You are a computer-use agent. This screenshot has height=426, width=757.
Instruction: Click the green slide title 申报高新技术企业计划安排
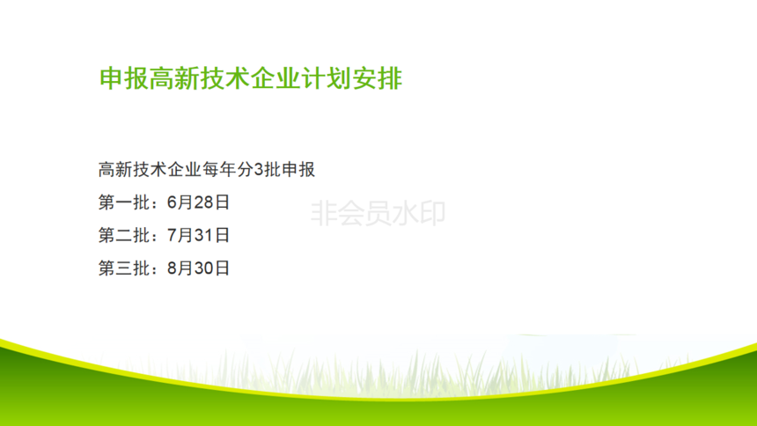click(x=251, y=78)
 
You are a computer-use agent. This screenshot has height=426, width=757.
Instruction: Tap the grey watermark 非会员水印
click(x=378, y=214)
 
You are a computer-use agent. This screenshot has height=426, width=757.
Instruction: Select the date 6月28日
click(x=198, y=202)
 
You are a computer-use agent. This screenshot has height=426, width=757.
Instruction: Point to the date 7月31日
click(x=198, y=235)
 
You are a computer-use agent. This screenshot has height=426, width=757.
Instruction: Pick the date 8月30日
click(x=198, y=268)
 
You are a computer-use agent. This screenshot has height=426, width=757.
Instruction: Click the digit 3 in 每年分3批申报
click(x=259, y=170)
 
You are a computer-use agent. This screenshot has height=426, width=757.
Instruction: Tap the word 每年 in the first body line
click(x=220, y=170)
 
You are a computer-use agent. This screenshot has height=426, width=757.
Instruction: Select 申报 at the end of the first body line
click(x=298, y=170)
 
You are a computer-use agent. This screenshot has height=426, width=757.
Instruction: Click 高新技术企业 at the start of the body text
click(x=150, y=170)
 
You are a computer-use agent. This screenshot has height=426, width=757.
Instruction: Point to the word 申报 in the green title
click(x=124, y=78)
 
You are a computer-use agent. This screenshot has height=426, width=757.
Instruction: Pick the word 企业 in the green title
click(x=276, y=78)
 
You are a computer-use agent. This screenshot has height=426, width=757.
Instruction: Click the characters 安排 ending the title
click(x=377, y=78)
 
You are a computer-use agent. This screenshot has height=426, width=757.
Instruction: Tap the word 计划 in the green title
click(x=327, y=78)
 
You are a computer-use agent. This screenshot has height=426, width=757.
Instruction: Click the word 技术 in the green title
click(x=225, y=78)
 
